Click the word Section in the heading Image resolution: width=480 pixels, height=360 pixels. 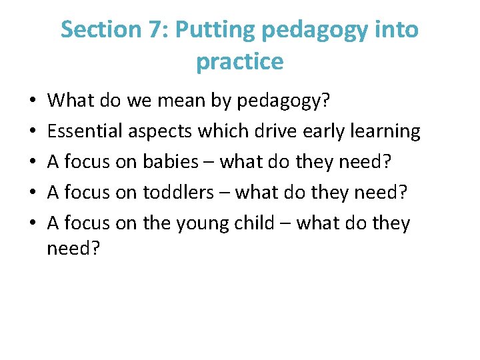coord(97,29)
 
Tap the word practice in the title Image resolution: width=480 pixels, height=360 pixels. coord(240,61)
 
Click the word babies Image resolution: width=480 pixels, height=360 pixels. coord(171,162)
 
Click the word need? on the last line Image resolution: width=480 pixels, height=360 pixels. coord(73,249)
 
